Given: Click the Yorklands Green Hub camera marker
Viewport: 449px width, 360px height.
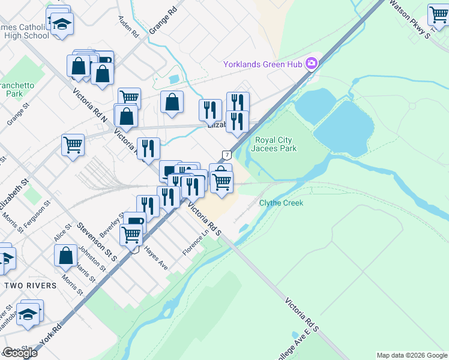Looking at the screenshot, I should tap(312, 64).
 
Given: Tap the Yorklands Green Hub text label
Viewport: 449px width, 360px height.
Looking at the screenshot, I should tap(263, 64).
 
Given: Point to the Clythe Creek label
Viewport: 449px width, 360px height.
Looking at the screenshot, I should tap(281, 203).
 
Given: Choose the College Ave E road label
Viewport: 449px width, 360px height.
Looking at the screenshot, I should tap(300, 340).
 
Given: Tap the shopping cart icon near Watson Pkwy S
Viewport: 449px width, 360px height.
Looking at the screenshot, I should tap(439, 15).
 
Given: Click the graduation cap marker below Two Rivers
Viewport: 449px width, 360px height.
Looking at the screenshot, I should tap(28, 314).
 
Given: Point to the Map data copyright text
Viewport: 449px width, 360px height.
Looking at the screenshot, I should tap(412, 355).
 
